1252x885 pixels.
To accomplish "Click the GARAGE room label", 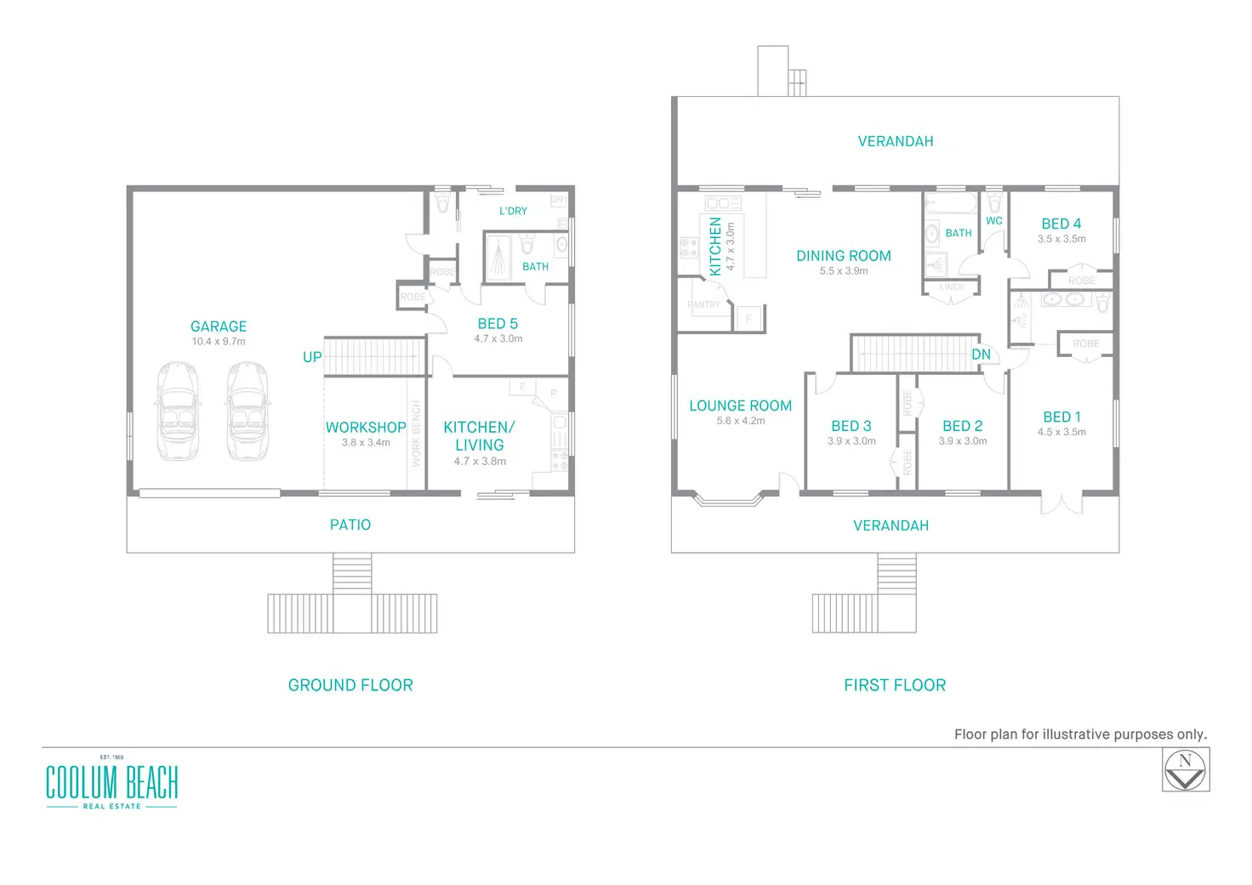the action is click(x=219, y=326).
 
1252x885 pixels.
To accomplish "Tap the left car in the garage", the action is click(x=179, y=411).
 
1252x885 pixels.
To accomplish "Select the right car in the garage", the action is click(x=248, y=411).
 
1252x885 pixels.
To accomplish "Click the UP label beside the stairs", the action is click(x=312, y=357).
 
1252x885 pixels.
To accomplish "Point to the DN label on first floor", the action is click(x=981, y=355).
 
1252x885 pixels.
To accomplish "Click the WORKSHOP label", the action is click(x=366, y=428).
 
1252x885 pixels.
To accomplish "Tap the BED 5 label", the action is click(x=498, y=324).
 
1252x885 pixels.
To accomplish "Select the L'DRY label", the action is click(x=513, y=211).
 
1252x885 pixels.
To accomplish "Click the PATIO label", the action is click(x=350, y=525).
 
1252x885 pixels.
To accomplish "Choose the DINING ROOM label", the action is click(x=844, y=256).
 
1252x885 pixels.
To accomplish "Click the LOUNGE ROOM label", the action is click(x=740, y=406).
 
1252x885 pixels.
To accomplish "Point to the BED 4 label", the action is click(x=1061, y=224).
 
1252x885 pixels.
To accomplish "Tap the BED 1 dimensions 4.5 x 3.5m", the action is click(x=1061, y=432).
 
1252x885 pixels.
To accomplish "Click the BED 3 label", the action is click(x=851, y=426).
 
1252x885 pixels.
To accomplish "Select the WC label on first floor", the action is click(x=994, y=221).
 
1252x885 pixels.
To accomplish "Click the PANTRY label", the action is click(x=703, y=304).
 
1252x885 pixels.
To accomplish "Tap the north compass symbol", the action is click(x=1186, y=770).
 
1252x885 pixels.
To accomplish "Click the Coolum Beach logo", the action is click(x=111, y=783).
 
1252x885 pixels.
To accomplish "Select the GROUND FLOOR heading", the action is click(x=350, y=685).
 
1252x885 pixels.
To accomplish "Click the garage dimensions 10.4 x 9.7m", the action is click(x=219, y=342).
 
